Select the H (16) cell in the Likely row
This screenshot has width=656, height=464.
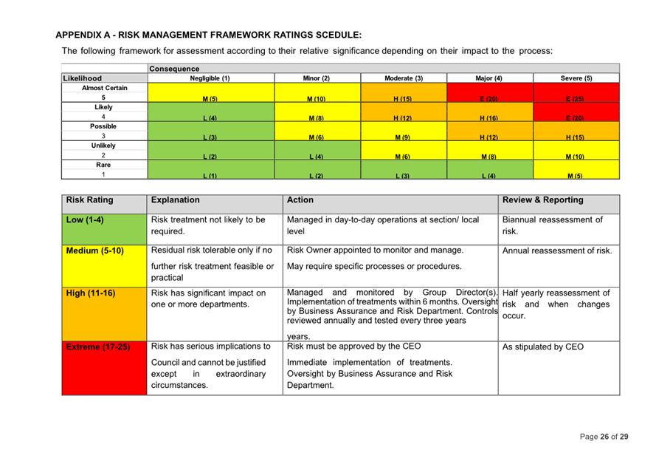490,112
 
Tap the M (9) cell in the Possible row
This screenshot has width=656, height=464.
402,132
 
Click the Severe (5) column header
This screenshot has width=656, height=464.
576,78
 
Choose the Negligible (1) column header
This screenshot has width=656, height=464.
210,78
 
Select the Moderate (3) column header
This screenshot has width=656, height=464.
404,78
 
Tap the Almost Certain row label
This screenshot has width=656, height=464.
104,88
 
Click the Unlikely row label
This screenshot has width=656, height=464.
104,146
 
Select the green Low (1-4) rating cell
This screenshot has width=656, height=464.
103,228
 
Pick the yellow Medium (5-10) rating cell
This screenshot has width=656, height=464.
103,265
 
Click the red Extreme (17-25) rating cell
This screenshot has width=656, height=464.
103,366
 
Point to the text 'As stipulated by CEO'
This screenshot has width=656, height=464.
542,346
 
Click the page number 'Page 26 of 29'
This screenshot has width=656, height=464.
604,437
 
